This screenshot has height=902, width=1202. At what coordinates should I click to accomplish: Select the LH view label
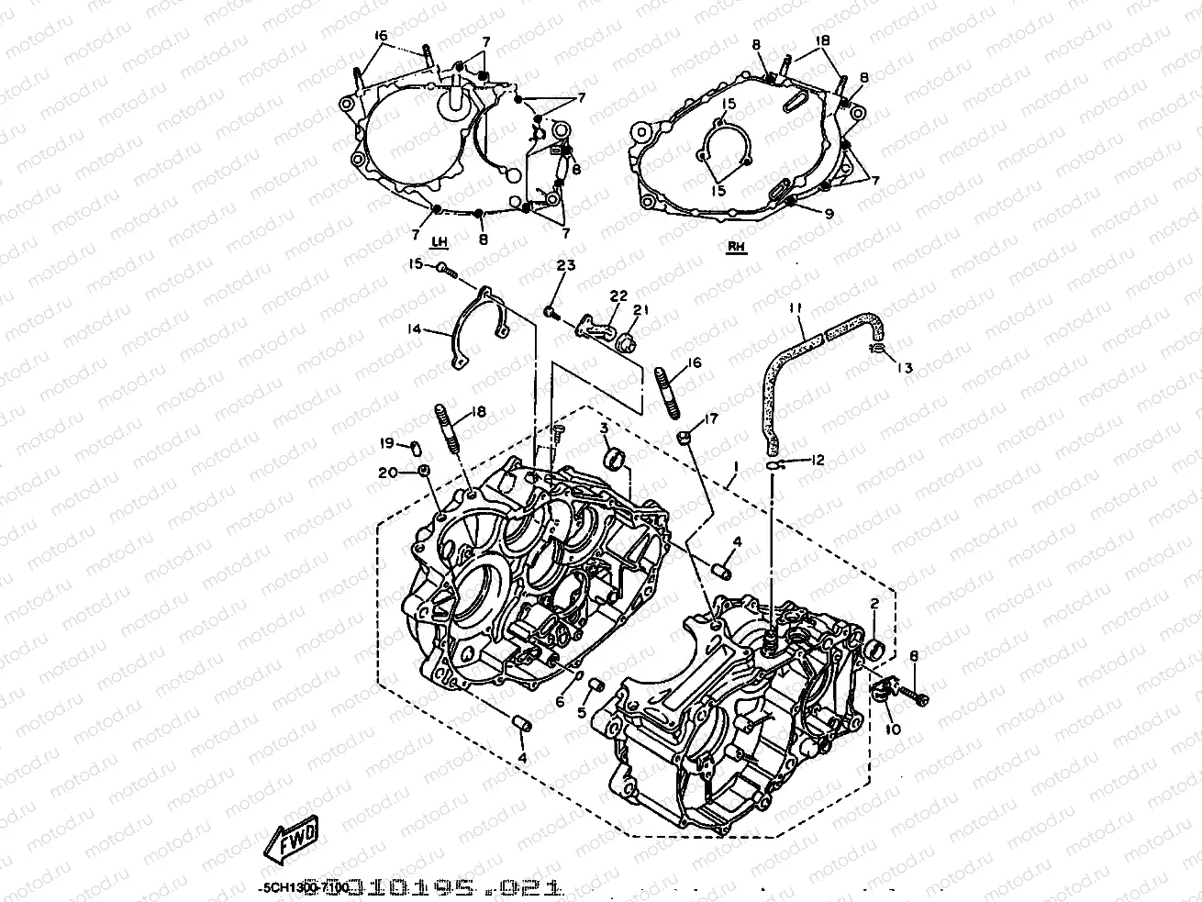pyautogui.click(x=440, y=241)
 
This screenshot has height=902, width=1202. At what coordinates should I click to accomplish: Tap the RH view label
pyautogui.click(x=736, y=246)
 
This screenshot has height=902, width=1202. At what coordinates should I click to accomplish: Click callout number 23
pyautogui.click(x=564, y=266)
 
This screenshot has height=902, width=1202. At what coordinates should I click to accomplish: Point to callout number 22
pyautogui.click(x=618, y=295)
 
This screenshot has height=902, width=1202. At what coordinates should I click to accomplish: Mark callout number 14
pyautogui.click(x=414, y=328)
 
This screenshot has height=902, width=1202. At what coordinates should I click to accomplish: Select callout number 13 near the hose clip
pyautogui.click(x=905, y=368)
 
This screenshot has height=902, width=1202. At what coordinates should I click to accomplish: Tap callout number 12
pyautogui.click(x=818, y=460)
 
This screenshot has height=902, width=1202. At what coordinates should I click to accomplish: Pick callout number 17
pyautogui.click(x=713, y=420)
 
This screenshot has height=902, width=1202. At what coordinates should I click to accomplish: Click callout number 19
pyautogui.click(x=387, y=444)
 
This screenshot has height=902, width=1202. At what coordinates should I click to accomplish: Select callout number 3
pyautogui.click(x=606, y=429)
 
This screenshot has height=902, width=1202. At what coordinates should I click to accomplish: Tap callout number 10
pyautogui.click(x=894, y=729)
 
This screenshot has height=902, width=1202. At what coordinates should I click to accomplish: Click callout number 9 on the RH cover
pyautogui.click(x=829, y=213)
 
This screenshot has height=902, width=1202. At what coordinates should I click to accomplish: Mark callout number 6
pyautogui.click(x=560, y=702)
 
